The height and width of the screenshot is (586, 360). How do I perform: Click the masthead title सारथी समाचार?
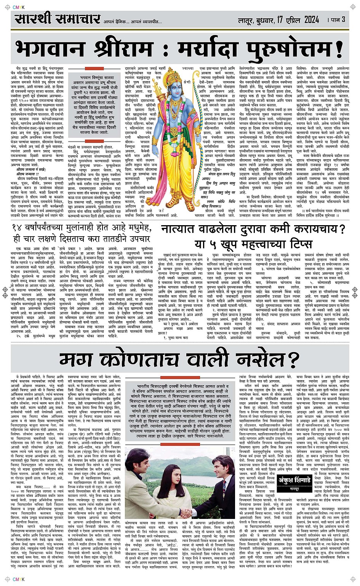coord(58,19)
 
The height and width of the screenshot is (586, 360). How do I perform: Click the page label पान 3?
coord(338,19)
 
